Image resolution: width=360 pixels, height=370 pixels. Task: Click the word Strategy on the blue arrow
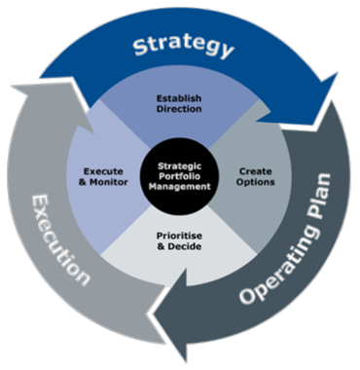pyautogui.click(x=183, y=47)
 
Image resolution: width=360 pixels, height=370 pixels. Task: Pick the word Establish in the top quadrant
pyautogui.click(x=178, y=98)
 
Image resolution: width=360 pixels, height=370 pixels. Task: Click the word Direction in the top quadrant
pyautogui.click(x=178, y=110)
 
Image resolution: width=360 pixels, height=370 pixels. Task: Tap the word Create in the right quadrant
pyautogui.click(x=255, y=170)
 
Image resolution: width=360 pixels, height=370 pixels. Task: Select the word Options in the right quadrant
pyautogui.click(x=255, y=182)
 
